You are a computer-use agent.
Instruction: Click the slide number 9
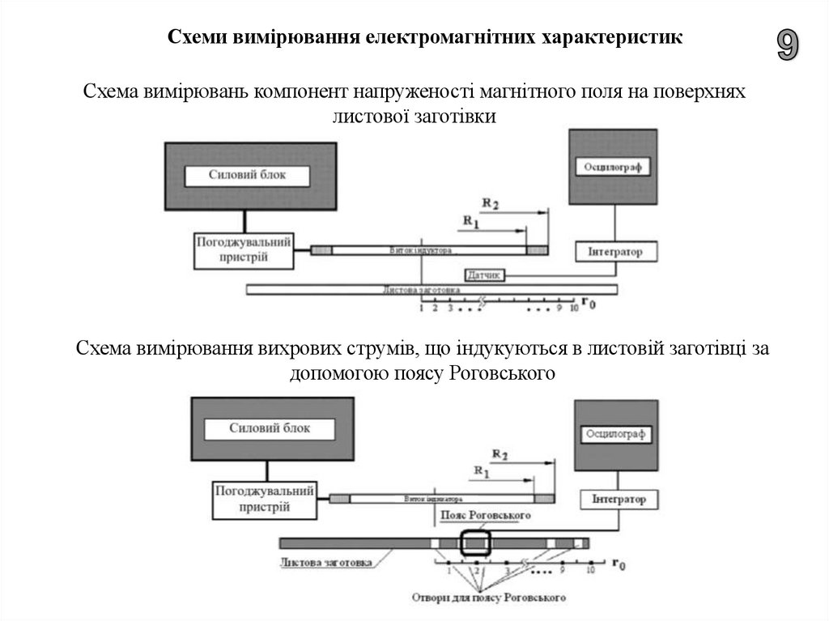point(787,45)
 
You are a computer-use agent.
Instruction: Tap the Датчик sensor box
point(486,275)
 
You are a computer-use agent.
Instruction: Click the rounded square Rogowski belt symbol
point(475,542)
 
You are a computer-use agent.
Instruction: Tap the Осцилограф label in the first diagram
point(613,168)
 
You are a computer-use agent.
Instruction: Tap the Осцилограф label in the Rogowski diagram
point(615,435)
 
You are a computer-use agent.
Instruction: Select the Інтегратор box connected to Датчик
point(617,252)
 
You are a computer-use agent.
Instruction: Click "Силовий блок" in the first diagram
point(248,175)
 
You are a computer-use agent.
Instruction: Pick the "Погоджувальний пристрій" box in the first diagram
point(243,251)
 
